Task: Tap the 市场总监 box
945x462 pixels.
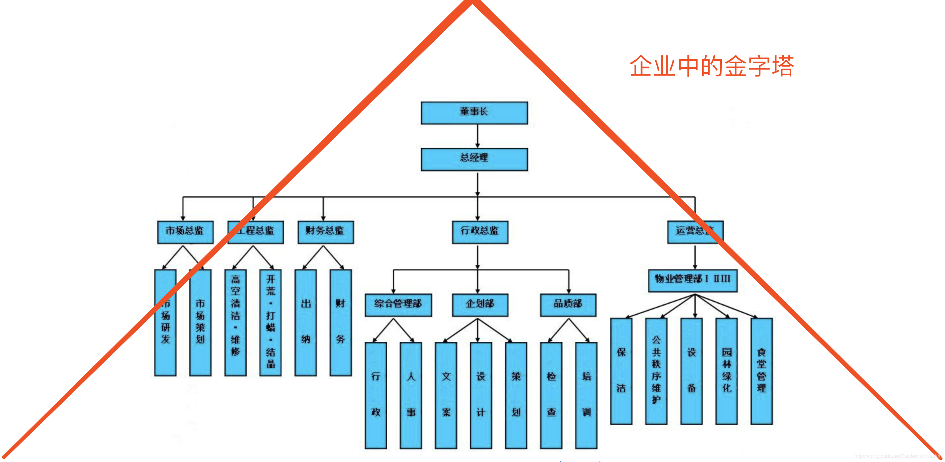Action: pyautogui.click(x=185, y=232)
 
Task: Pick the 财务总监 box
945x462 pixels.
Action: pyautogui.click(x=325, y=232)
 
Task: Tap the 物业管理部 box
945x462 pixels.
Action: pyautogui.click(x=693, y=281)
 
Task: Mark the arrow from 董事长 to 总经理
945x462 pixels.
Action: pyautogui.click(x=477, y=136)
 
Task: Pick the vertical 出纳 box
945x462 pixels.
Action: pyautogui.click(x=305, y=323)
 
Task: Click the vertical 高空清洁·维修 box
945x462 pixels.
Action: pyautogui.click(x=235, y=323)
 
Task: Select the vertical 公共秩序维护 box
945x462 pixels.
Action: pyautogui.click(x=656, y=371)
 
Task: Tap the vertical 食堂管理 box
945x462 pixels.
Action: pyautogui.click(x=762, y=371)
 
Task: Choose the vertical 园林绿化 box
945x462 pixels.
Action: pyautogui.click(x=726, y=371)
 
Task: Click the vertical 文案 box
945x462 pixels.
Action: pyautogui.click(x=446, y=395)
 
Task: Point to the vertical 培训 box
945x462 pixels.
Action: pyautogui.click(x=586, y=395)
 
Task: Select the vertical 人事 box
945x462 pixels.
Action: pyautogui.click(x=411, y=395)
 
